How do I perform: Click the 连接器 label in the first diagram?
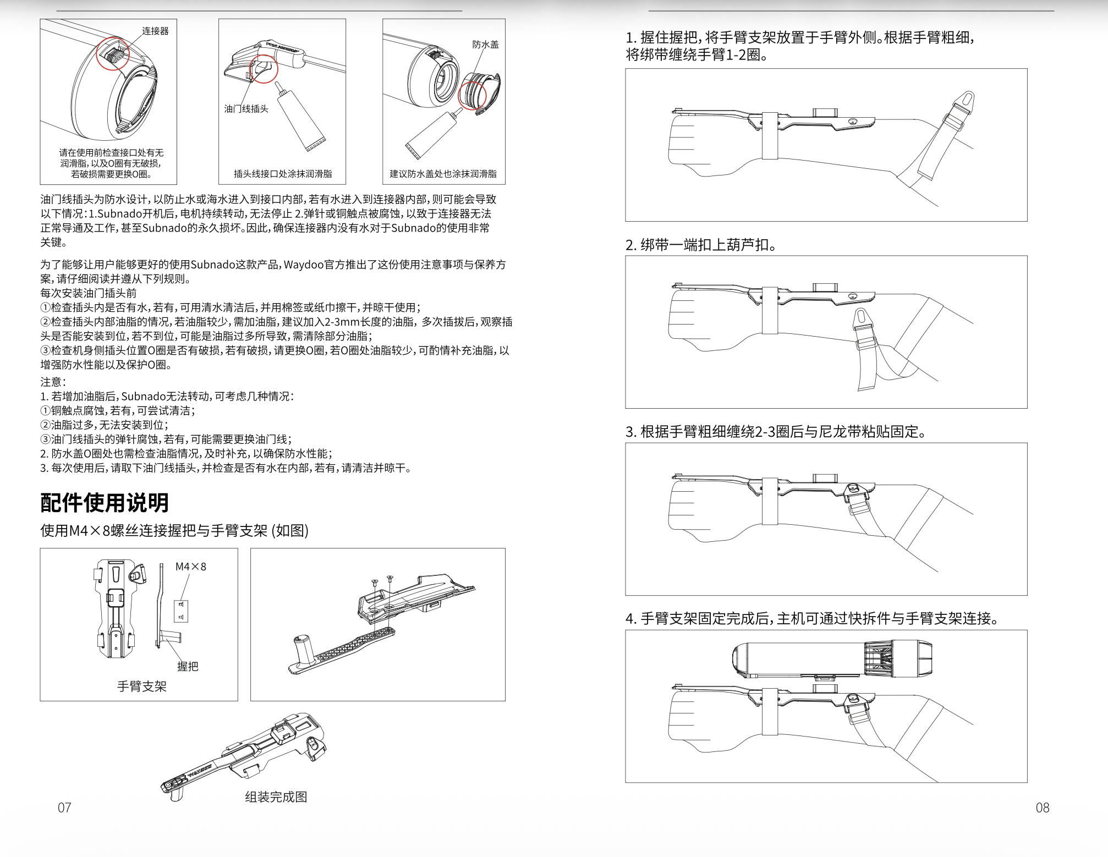(155, 31)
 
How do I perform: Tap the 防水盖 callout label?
(485, 45)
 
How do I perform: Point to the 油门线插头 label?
(246, 109)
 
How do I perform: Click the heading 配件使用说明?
(105, 502)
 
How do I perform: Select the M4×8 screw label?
(190, 567)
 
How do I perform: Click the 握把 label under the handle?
(187, 666)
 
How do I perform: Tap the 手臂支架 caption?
(141, 686)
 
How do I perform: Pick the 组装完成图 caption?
(276, 796)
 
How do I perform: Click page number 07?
(64, 807)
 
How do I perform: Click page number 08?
(1042, 807)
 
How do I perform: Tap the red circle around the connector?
(113, 54)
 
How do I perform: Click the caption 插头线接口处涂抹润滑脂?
(283, 174)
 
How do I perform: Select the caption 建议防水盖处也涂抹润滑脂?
(443, 174)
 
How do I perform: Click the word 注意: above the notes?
(53, 382)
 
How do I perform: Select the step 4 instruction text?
(812, 618)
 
